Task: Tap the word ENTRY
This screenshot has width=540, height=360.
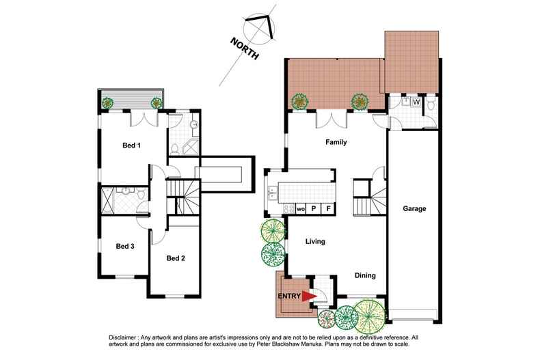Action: [289, 296]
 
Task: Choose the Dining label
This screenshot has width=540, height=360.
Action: [367, 275]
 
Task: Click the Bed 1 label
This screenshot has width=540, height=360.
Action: [131, 145]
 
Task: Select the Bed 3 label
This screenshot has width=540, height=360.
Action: [124, 247]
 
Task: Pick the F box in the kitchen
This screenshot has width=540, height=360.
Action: [328, 208]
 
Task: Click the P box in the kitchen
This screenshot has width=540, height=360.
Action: [314, 208]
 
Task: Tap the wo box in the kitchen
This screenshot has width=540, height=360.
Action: [299, 208]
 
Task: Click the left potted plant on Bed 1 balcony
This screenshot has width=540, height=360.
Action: [107, 103]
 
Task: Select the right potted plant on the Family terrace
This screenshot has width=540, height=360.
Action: [359, 102]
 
